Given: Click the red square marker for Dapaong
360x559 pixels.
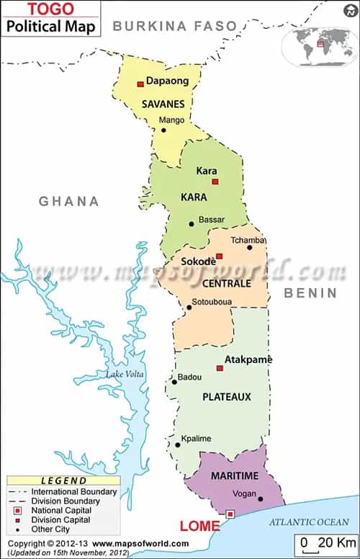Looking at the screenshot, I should pyautogui.click(x=140, y=84).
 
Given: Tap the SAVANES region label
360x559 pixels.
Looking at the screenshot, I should pyautogui.click(x=163, y=104).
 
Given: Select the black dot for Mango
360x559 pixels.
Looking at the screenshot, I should pyautogui.click(x=163, y=130).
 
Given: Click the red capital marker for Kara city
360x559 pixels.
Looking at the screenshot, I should pyautogui.click(x=215, y=182).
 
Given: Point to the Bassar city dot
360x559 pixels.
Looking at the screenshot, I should pyautogui.click(x=191, y=223).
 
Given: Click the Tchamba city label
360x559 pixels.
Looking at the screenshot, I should pyautogui.click(x=248, y=239).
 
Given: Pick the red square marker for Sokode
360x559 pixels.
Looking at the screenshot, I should pyautogui.click(x=220, y=256).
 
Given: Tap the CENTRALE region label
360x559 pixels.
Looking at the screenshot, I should pyautogui.click(x=226, y=283).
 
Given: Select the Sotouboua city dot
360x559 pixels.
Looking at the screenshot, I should pyautogui.click(x=189, y=308).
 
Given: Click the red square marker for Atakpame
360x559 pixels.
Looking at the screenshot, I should pyautogui.click(x=220, y=368).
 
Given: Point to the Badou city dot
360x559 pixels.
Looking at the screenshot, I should pyautogui.click(x=174, y=382).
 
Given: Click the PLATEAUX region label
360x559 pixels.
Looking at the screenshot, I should pyautogui.click(x=226, y=396).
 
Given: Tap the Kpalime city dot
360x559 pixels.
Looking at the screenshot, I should pyautogui.click(x=177, y=444).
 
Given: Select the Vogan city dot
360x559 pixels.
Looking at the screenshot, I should pyautogui.click(x=261, y=498).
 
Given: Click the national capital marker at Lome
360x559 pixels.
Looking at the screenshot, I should pyautogui.click(x=230, y=514).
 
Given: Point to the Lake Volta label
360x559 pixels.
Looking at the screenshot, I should pyautogui.click(x=125, y=374).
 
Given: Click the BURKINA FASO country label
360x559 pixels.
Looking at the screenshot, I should pyautogui.click(x=175, y=26).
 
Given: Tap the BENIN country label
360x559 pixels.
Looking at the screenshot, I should pyautogui.click(x=310, y=292).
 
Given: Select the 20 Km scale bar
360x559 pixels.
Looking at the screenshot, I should pyautogui.click(x=328, y=542).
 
